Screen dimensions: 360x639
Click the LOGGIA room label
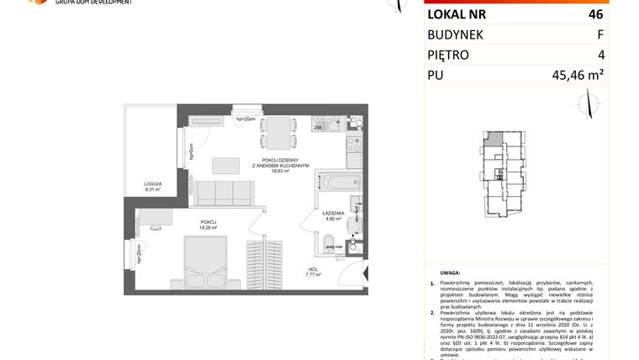[x=152, y=187]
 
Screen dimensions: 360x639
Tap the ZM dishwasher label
[x=319, y=127]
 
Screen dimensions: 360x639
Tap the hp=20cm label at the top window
[x=246, y=118]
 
